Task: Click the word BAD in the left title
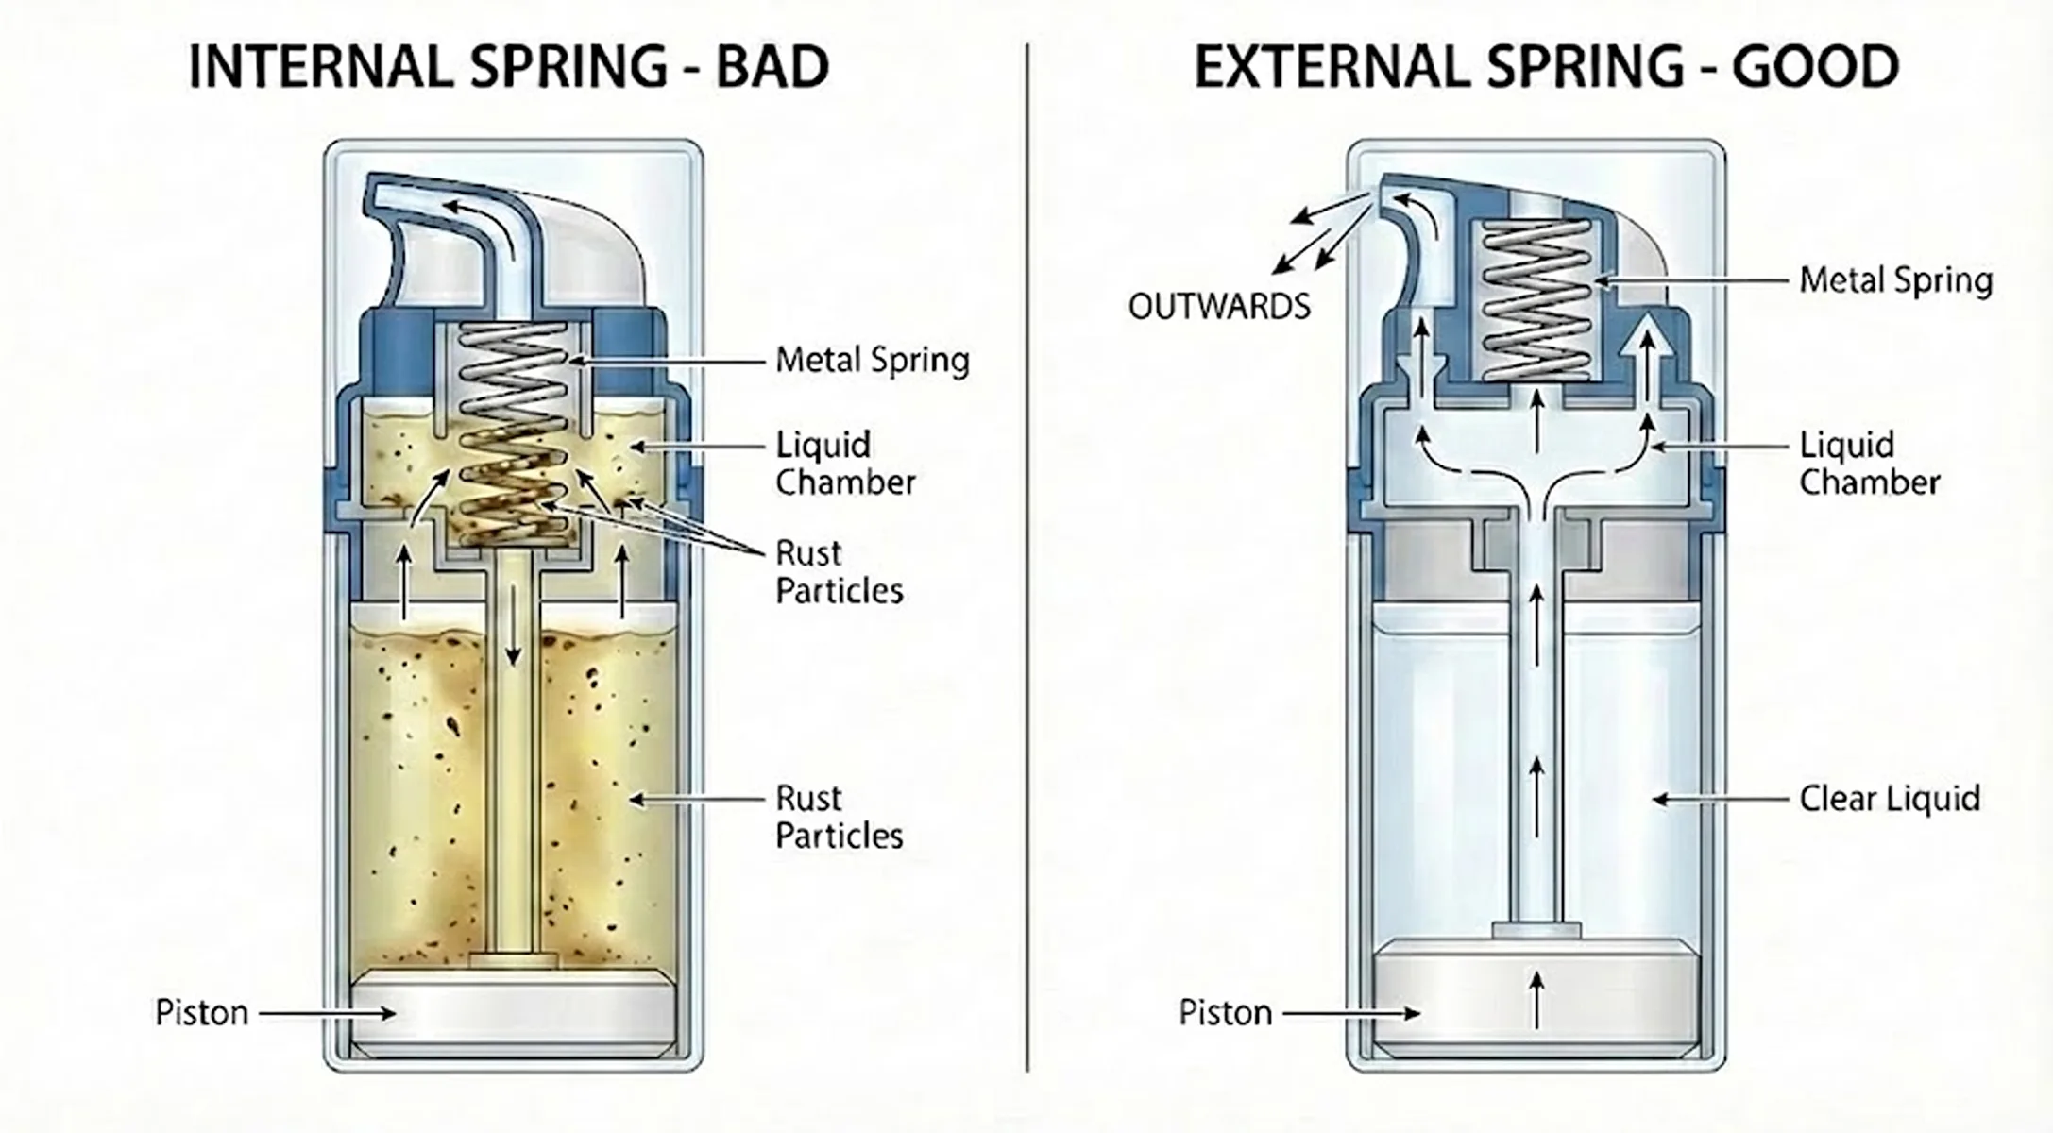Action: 772,67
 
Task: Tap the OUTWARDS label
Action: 1219,307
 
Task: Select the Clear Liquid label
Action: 1889,799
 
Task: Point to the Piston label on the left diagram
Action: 201,1013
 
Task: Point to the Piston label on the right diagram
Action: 1225,1013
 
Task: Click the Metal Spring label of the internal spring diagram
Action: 872,361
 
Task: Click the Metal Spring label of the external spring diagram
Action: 1895,280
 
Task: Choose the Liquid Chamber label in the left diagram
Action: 845,464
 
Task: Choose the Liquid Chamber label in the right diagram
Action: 1869,464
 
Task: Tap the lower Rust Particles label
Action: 839,818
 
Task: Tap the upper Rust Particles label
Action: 839,572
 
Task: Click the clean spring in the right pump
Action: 1536,300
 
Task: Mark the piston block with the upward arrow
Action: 1536,1001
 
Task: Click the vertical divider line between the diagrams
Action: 1027,566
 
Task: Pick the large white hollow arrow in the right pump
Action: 1646,364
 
